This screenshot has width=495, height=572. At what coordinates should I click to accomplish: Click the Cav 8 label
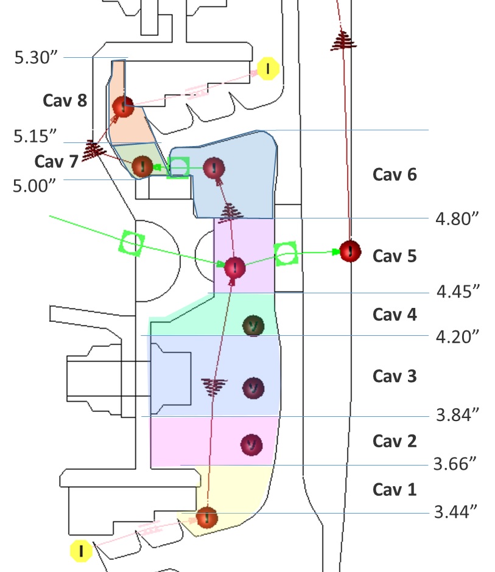click(x=65, y=100)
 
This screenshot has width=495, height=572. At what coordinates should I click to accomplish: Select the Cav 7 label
click(x=57, y=161)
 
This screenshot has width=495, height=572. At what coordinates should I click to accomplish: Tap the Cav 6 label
click(x=395, y=175)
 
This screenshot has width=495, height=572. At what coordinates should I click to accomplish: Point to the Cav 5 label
click(x=395, y=256)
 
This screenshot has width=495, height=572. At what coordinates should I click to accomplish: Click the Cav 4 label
click(x=395, y=315)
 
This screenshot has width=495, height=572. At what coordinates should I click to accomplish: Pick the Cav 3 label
click(x=395, y=375)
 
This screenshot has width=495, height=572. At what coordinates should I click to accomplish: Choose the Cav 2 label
click(x=395, y=441)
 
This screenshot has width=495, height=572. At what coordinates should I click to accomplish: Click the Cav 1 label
click(x=395, y=489)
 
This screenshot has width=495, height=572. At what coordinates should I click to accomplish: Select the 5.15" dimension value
click(x=35, y=136)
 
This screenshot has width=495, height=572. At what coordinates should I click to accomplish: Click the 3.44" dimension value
click(x=455, y=512)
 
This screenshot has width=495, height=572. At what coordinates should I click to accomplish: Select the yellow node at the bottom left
click(x=80, y=551)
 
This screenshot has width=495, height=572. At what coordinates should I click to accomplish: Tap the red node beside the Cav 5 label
click(x=350, y=251)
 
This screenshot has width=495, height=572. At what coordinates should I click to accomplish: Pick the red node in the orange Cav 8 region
click(x=123, y=106)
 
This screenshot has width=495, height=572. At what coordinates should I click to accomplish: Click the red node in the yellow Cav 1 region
click(x=206, y=517)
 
